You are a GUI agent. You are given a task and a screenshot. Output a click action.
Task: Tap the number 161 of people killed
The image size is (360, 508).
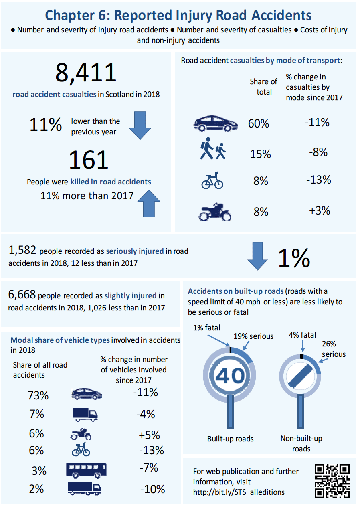click(x=89, y=160)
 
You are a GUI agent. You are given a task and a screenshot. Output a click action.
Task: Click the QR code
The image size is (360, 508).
click(x=332, y=481)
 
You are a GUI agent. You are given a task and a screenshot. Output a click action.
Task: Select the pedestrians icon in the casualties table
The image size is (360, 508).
click(x=212, y=150)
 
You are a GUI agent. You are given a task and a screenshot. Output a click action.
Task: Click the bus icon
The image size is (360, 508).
click(x=86, y=470)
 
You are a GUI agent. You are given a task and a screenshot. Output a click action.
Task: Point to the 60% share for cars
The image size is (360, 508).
click(x=259, y=123)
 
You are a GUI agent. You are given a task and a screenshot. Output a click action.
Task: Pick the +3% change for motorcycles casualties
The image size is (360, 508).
click(x=320, y=211)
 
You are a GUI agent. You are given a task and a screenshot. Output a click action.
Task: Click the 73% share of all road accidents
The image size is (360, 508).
click(x=38, y=395)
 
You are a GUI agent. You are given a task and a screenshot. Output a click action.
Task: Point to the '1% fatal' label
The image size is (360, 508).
click(x=206, y=328)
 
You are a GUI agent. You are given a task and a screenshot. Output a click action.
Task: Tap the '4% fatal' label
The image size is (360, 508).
click(x=302, y=335)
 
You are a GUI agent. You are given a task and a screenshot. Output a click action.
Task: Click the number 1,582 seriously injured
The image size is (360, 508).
click(x=22, y=251)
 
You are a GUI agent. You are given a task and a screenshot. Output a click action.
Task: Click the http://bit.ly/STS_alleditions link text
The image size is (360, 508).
click(x=239, y=492)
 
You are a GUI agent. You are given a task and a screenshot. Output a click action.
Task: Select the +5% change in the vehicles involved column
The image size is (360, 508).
click(x=149, y=435)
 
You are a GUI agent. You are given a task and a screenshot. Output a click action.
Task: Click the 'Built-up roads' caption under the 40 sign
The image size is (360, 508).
click(x=230, y=439)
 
